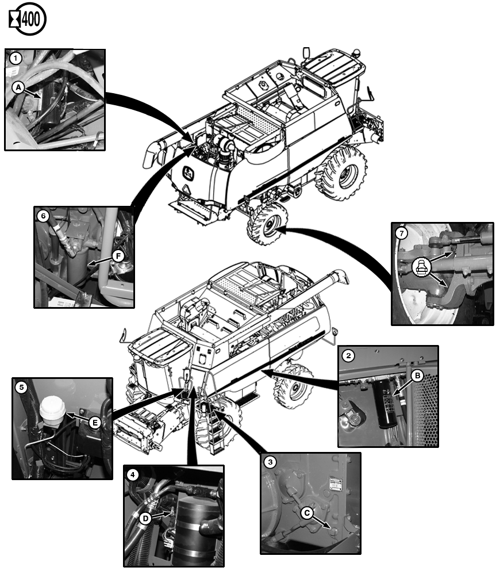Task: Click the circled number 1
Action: (x=16, y=57)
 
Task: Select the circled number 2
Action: (x=348, y=355)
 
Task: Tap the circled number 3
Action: (x=271, y=462)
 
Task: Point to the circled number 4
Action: (x=133, y=475)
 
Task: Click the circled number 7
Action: (x=402, y=233)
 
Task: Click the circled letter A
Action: (x=19, y=87)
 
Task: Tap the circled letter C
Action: (x=308, y=513)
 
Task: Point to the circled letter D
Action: (x=145, y=518)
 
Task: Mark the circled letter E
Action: (x=96, y=423)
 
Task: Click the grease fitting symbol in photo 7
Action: (x=421, y=266)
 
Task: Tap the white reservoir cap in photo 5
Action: (x=51, y=409)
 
